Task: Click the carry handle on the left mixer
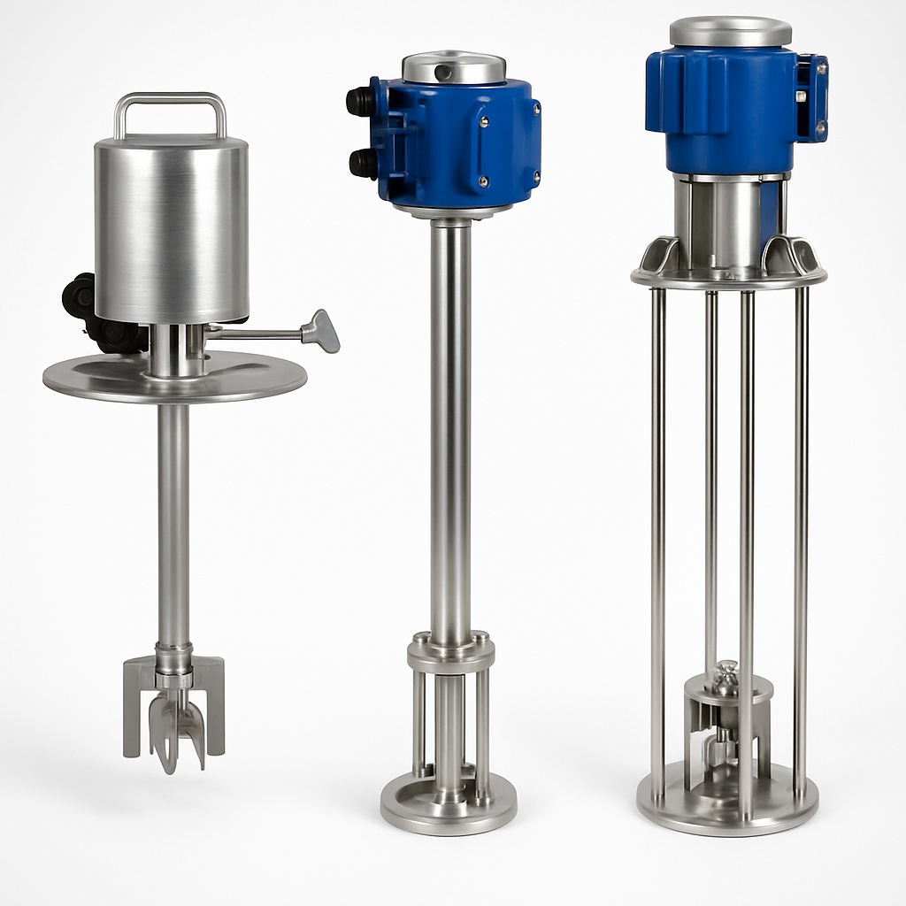[170, 99]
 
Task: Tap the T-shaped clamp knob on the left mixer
[320, 331]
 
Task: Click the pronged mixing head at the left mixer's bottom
[174, 708]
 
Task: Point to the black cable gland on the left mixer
[80, 296]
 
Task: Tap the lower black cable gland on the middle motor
[362, 163]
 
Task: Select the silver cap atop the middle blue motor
[454, 67]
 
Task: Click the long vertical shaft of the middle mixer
[450, 425]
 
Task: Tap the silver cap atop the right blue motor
[730, 31]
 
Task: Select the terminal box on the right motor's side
[812, 97]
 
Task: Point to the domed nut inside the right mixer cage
[726, 677]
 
